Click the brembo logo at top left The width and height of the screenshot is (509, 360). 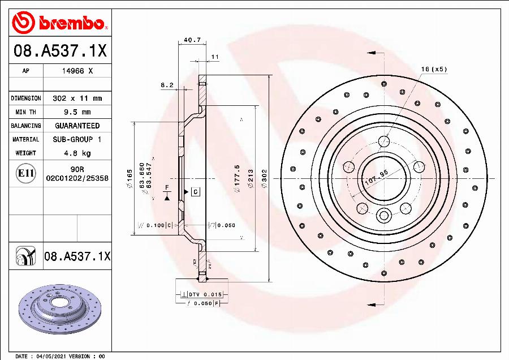tap(59, 23)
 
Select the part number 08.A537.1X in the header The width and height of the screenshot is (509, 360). tap(59, 52)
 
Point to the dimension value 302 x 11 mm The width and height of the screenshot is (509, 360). tap(77, 98)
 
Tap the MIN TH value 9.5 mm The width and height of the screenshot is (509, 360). tap(77, 112)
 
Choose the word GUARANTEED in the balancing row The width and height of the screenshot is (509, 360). tap(77, 126)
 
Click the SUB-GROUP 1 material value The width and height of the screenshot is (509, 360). tap(77, 139)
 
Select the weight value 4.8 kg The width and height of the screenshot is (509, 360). tap(77, 153)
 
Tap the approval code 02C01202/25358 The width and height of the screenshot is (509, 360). tap(77, 178)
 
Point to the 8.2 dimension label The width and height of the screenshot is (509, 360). tap(167, 85)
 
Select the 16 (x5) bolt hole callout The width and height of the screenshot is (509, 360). tap(434, 69)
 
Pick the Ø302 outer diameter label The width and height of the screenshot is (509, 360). tap(264, 178)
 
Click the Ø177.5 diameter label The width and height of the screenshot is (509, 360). tap(237, 178)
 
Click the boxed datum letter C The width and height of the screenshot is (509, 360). tap(195, 192)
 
